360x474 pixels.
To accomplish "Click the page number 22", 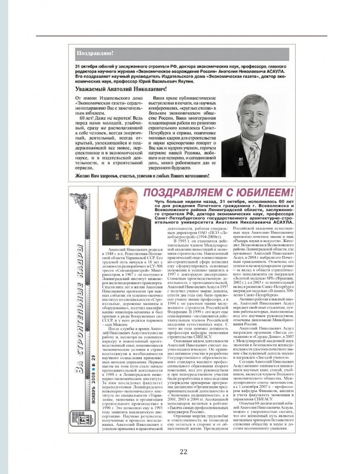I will (183, 452).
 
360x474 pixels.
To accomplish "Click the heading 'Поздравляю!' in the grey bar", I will (95, 53).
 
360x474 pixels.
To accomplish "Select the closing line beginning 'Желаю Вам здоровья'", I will (142, 176).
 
